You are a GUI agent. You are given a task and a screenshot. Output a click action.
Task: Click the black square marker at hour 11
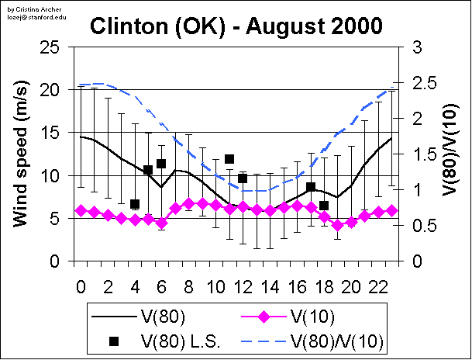click(x=229, y=159)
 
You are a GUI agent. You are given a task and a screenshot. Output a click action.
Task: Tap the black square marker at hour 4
click(x=135, y=205)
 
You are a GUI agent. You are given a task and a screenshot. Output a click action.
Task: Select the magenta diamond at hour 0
click(x=81, y=210)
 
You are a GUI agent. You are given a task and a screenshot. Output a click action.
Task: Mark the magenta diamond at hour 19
click(x=337, y=225)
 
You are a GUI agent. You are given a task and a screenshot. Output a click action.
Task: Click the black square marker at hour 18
click(x=324, y=206)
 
